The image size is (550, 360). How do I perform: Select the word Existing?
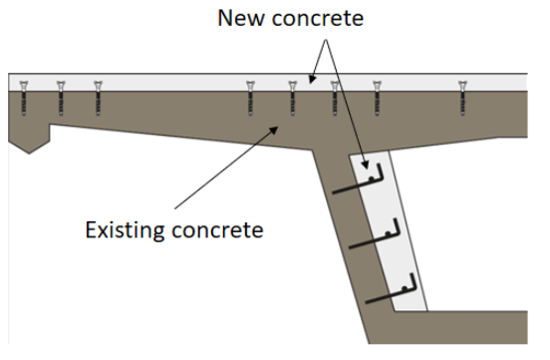[127, 230]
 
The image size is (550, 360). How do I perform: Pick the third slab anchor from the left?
[98, 97]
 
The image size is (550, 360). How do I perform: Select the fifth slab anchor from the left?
[292, 97]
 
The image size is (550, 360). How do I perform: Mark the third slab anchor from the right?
[335, 97]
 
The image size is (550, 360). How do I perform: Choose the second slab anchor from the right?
[376, 97]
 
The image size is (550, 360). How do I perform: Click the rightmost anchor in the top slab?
[462, 97]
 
